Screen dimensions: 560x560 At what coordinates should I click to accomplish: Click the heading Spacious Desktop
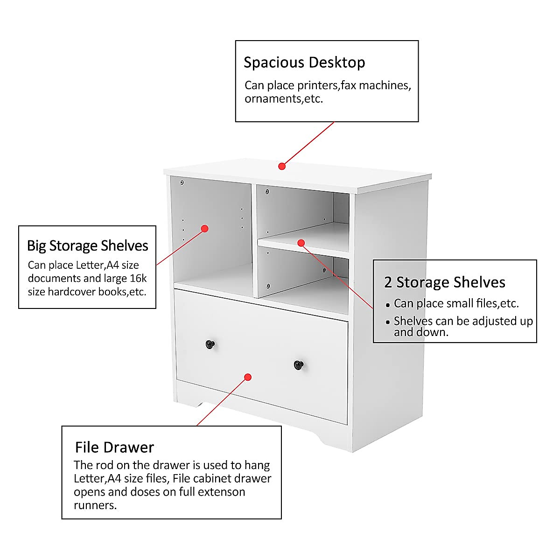[304, 63]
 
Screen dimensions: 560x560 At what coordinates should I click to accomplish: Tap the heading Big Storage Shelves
[87, 246]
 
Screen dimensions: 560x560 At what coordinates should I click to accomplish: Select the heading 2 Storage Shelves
[445, 282]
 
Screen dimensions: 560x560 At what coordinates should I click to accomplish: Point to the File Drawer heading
[114, 448]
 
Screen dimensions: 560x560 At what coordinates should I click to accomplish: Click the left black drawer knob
[210, 344]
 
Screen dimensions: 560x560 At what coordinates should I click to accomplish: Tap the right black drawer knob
[299, 364]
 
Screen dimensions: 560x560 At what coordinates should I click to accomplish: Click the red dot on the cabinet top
[282, 166]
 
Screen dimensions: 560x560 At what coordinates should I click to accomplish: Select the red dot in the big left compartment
[204, 229]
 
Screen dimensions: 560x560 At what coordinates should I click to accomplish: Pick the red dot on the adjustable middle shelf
[301, 243]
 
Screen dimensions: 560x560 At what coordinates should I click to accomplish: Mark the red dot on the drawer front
[248, 377]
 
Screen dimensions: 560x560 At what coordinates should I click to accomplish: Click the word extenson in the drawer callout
[221, 492]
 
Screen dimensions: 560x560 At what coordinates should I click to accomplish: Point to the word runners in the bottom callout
[95, 505]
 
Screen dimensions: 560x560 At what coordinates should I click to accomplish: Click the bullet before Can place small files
[388, 305]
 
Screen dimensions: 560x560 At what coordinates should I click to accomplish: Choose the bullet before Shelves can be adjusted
[388, 322]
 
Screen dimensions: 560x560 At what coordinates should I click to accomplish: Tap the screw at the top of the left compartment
[182, 182]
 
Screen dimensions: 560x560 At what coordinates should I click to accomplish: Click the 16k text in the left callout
[138, 279]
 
